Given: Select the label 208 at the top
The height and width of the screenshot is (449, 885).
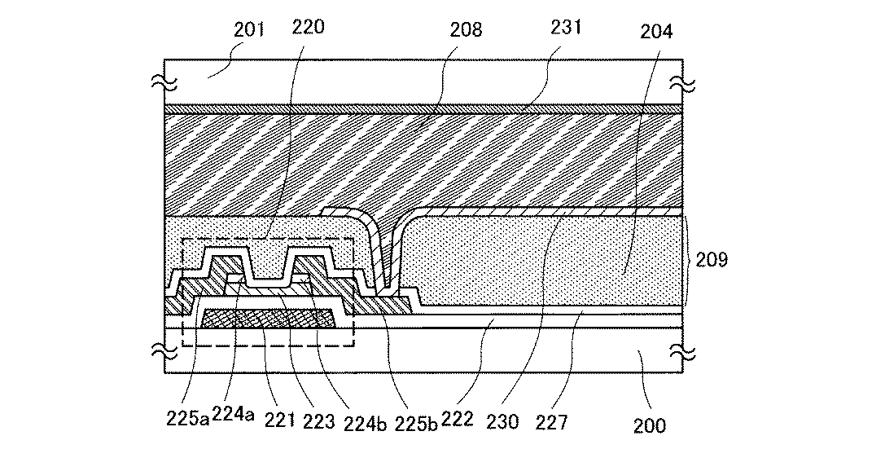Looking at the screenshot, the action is tap(466, 30).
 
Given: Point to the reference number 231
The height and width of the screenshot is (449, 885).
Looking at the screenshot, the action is tap(565, 26).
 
